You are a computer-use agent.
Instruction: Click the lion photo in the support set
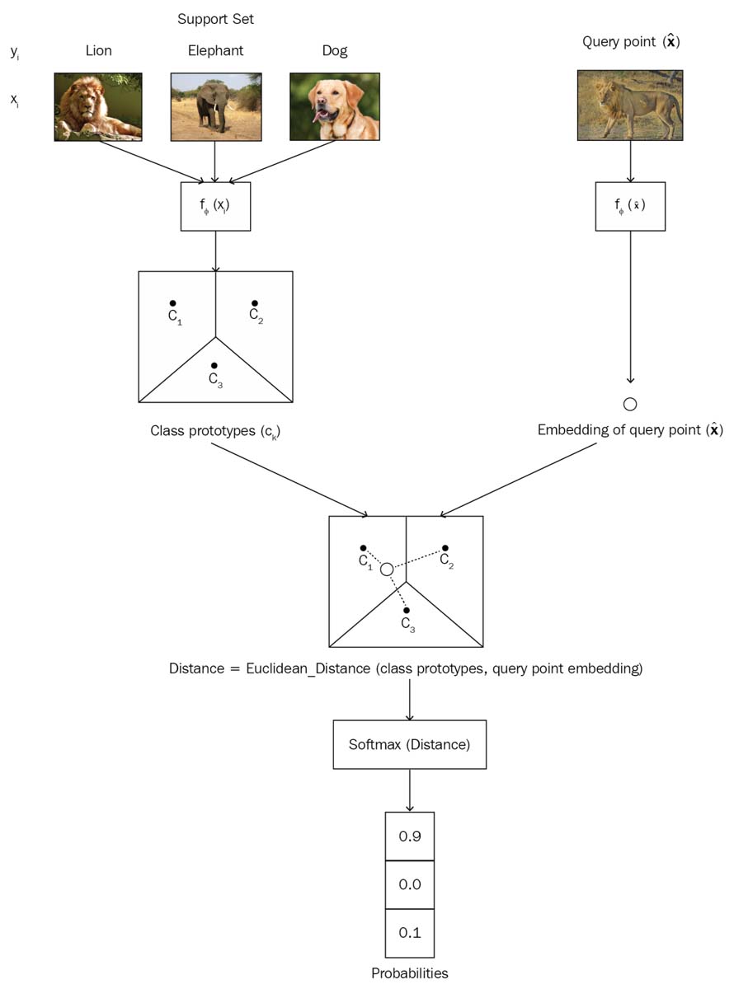pyautogui.click(x=98, y=107)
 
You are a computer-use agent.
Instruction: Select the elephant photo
pyautogui.click(x=214, y=107)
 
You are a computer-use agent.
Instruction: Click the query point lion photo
pyautogui.click(x=630, y=105)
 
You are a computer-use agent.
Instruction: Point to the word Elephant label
pyautogui.click(x=215, y=50)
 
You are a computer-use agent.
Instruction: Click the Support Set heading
pyautogui.click(x=215, y=18)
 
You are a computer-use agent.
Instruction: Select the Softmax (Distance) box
pyautogui.click(x=410, y=745)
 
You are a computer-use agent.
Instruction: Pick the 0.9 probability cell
pyautogui.click(x=410, y=837)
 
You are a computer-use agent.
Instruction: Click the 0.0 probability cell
pyautogui.click(x=410, y=884)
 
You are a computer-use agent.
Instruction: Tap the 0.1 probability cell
pyautogui.click(x=410, y=933)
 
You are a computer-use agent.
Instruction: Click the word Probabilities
pyautogui.click(x=410, y=973)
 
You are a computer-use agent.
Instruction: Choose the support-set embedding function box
pyautogui.click(x=215, y=206)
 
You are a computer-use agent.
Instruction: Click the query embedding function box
pyautogui.click(x=630, y=206)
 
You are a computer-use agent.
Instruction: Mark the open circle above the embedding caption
pyautogui.click(x=630, y=404)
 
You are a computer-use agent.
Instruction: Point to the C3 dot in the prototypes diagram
pyautogui.click(x=214, y=365)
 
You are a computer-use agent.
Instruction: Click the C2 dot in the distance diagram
pyautogui.click(x=445, y=548)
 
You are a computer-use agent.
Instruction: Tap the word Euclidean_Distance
pyautogui.click(x=308, y=668)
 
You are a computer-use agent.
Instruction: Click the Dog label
pyautogui.click(x=334, y=50)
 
